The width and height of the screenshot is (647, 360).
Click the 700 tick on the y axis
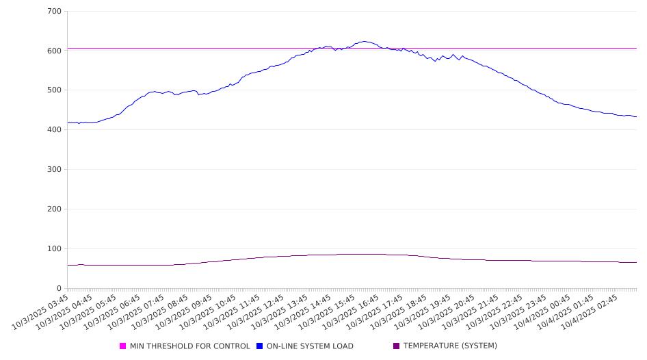click(x=54, y=12)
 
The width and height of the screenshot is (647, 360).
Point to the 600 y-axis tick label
click(x=54, y=51)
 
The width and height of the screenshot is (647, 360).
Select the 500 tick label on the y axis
click(x=54, y=90)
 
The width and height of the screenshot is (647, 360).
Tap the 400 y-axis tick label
click(x=54, y=130)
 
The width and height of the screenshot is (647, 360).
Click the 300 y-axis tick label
click(x=54, y=170)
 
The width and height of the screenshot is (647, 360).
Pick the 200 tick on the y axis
click(x=54, y=209)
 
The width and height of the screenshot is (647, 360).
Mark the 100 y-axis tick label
click(x=54, y=249)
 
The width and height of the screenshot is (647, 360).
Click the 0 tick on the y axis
click(x=59, y=289)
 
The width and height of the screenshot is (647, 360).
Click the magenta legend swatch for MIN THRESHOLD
click(x=123, y=346)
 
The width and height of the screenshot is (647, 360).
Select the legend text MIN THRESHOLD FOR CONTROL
click(x=189, y=346)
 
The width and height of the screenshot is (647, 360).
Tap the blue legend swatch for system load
click(x=260, y=346)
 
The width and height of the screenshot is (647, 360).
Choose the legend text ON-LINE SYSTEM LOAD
click(x=310, y=346)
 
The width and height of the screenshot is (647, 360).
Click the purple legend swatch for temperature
click(x=397, y=346)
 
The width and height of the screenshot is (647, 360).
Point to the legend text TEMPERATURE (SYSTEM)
click(x=450, y=346)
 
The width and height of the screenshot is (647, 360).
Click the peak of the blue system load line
click(x=364, y=41)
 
